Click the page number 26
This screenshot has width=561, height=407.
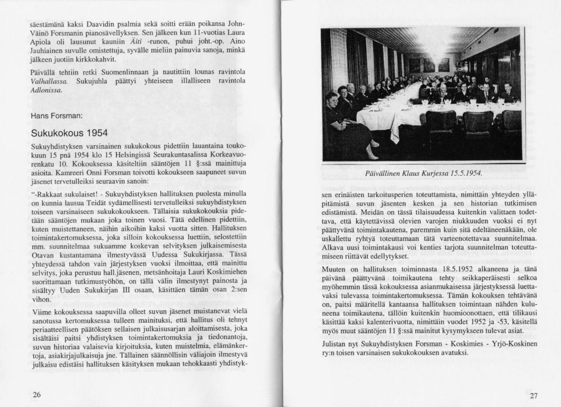(x=36, y=395)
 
